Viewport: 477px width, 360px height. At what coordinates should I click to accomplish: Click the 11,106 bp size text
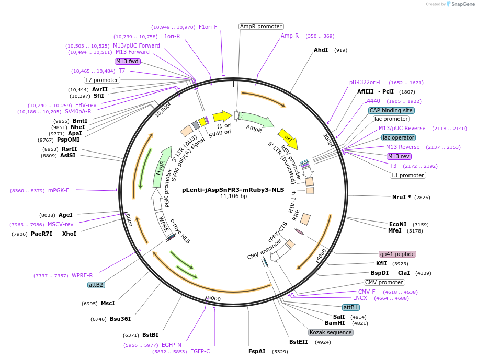click(x=233, y=196)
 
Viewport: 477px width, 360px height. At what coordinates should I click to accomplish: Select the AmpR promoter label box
click(x=260, y=26)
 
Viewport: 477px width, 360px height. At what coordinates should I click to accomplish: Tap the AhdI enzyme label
click(x=321, y=50)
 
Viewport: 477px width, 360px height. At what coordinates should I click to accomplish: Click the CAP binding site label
click(x=391, y=110)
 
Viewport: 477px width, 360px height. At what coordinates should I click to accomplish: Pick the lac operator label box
click(x=399, y=138)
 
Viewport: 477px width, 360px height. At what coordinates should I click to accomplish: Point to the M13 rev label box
click(x=399, y=156)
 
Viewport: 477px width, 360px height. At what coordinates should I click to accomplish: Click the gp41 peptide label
click(x=397, y=254)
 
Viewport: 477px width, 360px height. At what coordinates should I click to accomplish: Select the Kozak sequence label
click(x=331, y=332)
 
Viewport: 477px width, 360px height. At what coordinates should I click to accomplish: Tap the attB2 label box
click(x=96, y=285)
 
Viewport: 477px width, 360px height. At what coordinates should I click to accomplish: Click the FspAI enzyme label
click(x=257, y=351)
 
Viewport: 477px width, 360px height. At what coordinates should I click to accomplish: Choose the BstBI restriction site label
click(x=150, y=335)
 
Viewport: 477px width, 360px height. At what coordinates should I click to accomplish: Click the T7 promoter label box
click(x=102, y=80)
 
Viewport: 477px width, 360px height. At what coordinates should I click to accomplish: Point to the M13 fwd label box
click(x=128, y=61)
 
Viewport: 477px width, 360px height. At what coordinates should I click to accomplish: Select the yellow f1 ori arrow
click(x=222, y=115)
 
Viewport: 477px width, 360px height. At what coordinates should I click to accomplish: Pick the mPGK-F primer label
click(x=59, y=190)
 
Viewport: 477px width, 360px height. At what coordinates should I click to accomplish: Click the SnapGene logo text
click(x=463, y=4)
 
